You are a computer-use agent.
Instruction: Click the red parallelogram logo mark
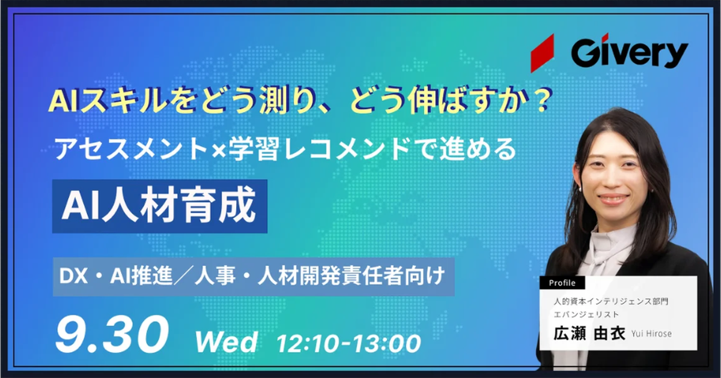tap(543, 53)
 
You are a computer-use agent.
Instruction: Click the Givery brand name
tap(630, 53)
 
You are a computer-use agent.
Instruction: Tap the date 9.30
tap(112, 334)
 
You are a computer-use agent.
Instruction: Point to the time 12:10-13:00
tap(348, 343)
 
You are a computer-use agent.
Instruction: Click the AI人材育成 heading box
tap(160, 206)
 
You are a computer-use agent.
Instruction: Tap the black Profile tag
tap(562, 283)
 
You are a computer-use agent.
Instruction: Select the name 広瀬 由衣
tap(589, 334)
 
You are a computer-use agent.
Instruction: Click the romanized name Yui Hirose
tap(651, 334)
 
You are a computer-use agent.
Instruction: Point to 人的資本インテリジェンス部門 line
tap(611, 301)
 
